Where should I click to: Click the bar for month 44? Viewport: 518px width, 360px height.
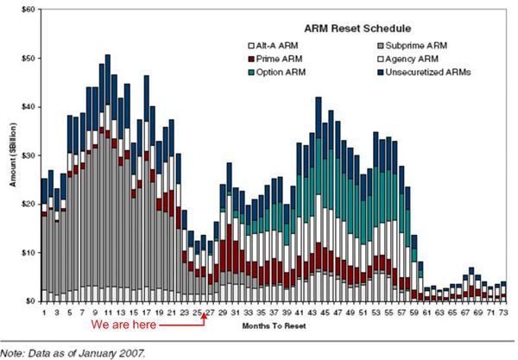click(x=319, y=199)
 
